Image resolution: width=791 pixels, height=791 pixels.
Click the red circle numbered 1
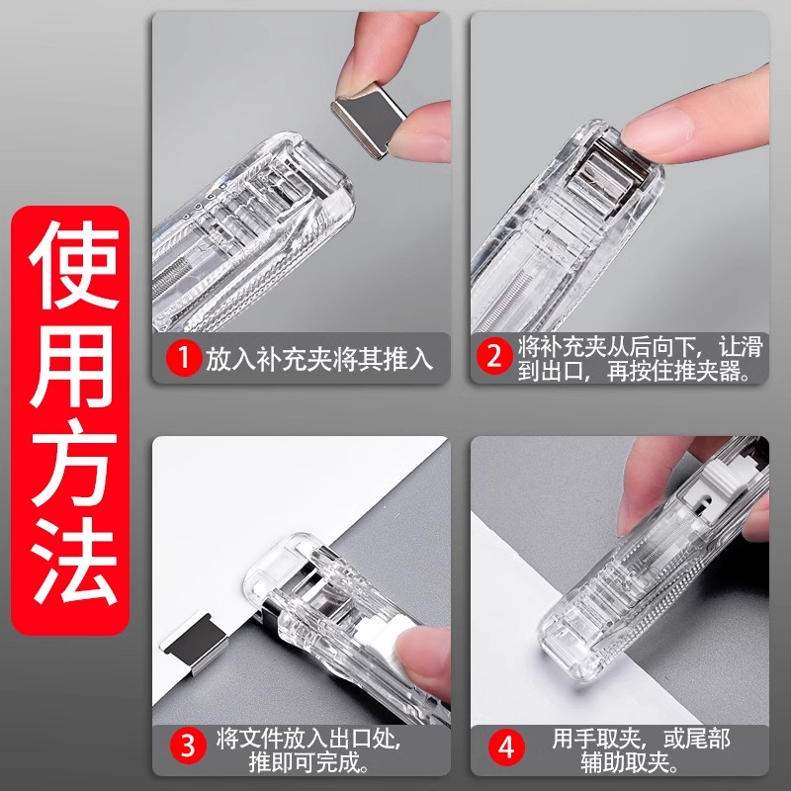182,357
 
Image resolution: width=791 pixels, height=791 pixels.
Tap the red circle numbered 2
493,357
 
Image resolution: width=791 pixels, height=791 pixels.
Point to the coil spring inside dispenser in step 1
178,272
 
